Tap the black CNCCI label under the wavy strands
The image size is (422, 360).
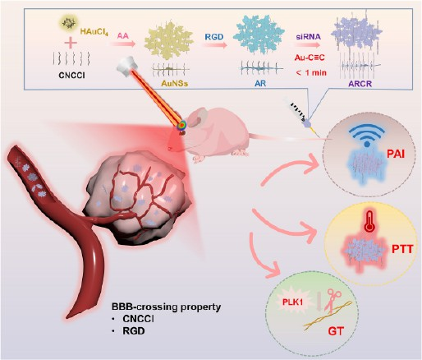click(71, 75)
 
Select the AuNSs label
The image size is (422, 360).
click(174, 83)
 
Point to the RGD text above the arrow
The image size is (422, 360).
click(214, 36)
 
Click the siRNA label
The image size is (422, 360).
click(308, 37)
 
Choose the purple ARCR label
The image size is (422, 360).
click(360, 84)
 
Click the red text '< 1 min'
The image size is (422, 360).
click(311, 73)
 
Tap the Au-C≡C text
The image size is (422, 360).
click(310, 58)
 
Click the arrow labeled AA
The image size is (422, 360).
click(123, 44)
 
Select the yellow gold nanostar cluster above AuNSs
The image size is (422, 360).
click(169, 41)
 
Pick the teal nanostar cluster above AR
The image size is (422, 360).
click(255, 35)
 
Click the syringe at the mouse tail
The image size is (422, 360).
click(300, 114)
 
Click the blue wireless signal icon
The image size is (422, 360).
click(367, 134)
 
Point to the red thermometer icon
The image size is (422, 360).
click(369, 221)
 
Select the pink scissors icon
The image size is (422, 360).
click(332, 299)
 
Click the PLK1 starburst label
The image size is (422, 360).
click(292, 302)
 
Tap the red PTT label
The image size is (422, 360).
click(402, 249)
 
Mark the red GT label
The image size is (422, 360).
click(336, 331)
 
